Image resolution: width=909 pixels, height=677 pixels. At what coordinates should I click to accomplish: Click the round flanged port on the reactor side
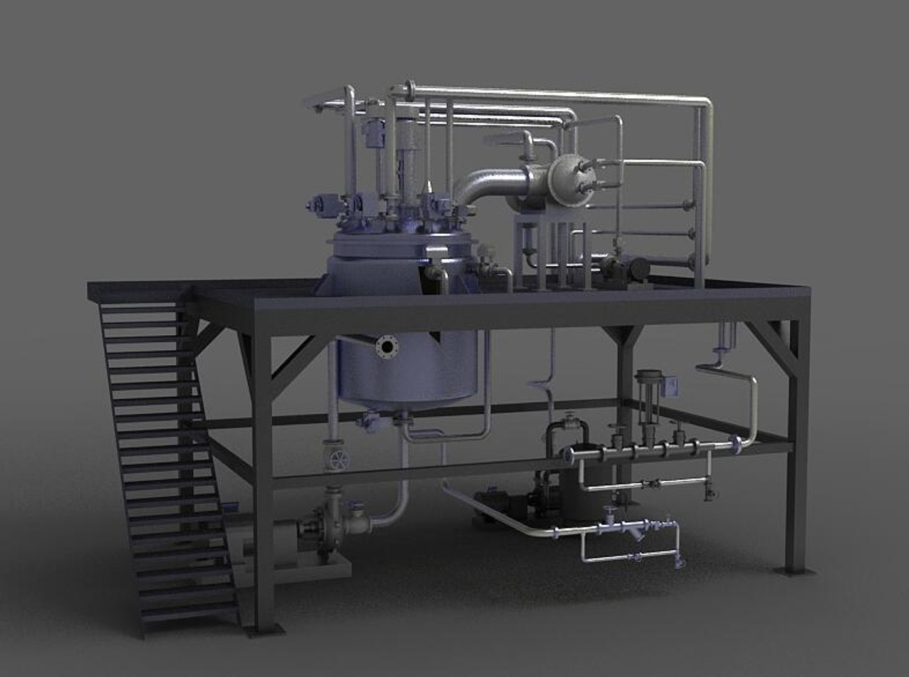coord(386,346)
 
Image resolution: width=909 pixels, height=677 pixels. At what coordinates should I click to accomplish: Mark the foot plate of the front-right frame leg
coord(792,571)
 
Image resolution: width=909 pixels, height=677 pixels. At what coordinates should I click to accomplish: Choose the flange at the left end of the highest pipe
coord(411,87)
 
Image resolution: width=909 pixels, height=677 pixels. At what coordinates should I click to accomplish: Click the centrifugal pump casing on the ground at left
coord(321,527)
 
